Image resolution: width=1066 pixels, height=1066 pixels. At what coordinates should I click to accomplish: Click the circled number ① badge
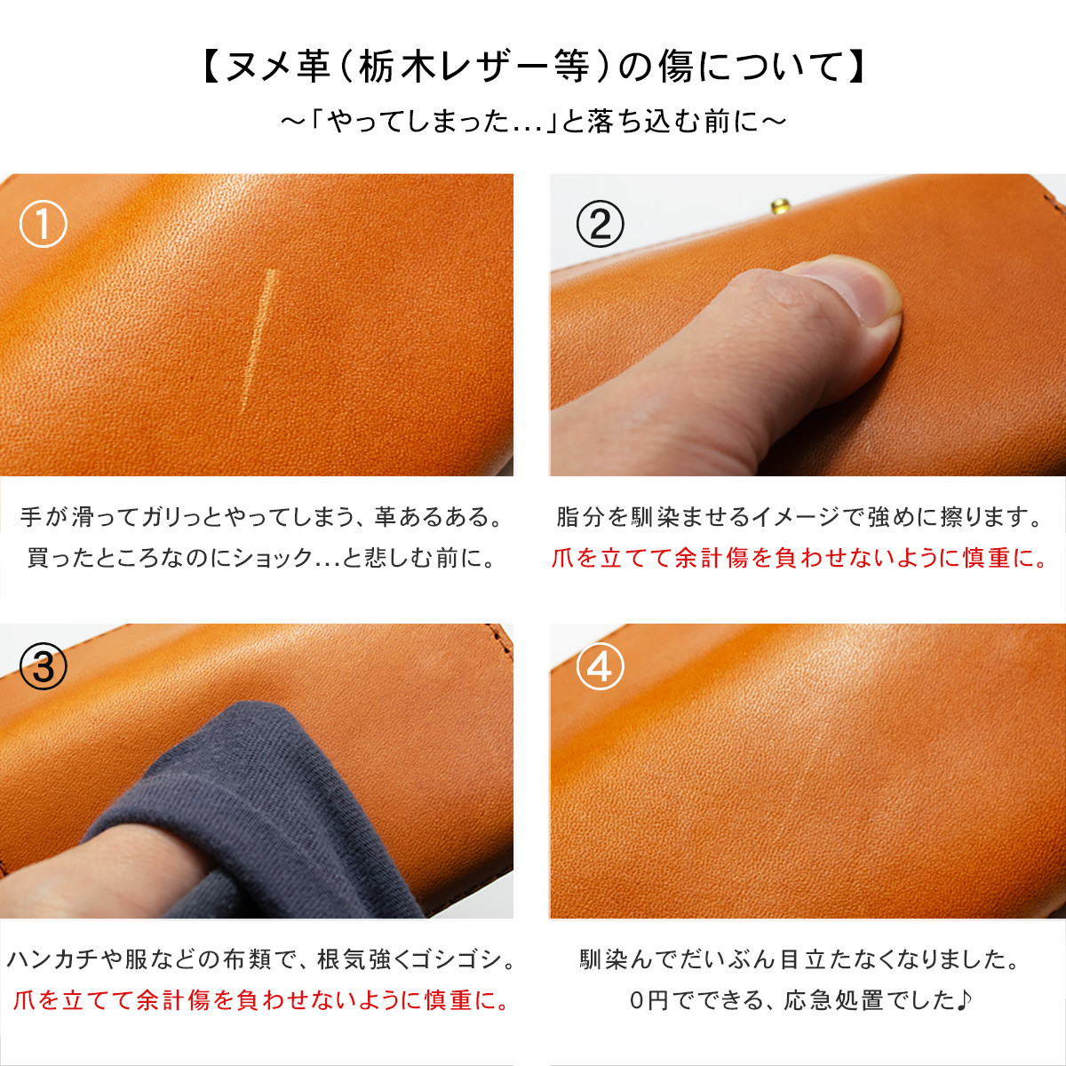point(44,224)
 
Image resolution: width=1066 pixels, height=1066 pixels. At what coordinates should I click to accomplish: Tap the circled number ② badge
point(601,224)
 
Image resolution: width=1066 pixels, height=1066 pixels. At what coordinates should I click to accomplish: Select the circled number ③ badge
point(44,666)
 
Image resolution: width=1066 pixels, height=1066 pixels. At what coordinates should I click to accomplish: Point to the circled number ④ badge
point(601,666)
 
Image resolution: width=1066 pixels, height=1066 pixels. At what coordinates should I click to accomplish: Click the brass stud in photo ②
point(783,207)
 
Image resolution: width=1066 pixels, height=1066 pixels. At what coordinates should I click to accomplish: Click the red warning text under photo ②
point(799,558)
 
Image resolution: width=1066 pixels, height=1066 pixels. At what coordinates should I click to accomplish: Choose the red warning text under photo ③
point(263,1000)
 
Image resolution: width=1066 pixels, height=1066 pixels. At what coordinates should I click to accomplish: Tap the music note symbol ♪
point(966,1000)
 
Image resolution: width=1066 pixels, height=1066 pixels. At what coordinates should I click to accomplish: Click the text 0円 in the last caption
point(648,1000)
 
